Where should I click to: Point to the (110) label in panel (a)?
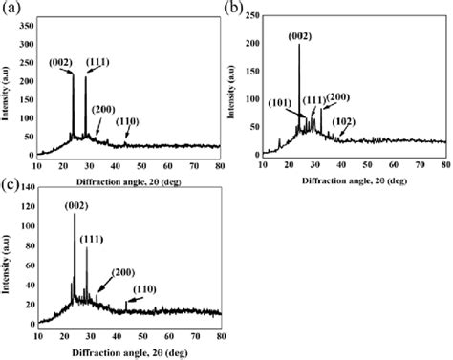(127, 121)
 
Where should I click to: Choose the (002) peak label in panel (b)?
(299, 36)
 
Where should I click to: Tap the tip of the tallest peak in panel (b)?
(299, 46)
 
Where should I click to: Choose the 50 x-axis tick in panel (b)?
(369, 164)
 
